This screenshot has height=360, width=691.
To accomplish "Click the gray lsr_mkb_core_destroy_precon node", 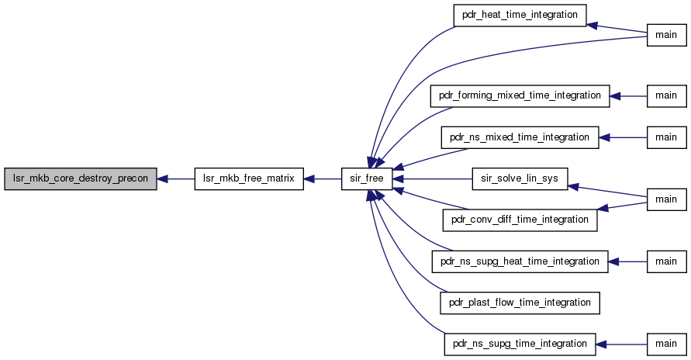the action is (x=80, y=179).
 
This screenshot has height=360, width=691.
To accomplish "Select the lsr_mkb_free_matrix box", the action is (x=249, y=179).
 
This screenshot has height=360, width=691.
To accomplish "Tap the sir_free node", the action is (x=367, y=179).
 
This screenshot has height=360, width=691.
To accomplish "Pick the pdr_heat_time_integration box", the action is (x=520, y=16).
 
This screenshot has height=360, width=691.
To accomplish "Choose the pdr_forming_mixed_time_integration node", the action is (x=520, y=96).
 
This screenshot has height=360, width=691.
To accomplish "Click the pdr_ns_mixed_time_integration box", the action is (x=520, y=137).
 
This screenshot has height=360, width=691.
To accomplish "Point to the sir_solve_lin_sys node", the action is (x=520, y=179).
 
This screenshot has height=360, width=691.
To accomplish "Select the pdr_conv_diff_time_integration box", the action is (x=520, y=220).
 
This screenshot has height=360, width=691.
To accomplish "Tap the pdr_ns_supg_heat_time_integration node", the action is (x=520, y=261).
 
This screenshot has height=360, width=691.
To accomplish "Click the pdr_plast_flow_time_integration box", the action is (x=520, y=303).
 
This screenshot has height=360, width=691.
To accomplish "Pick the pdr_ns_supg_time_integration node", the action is (x=520, y=344).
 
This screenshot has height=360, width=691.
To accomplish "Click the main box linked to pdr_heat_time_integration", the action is (x=667, y=35).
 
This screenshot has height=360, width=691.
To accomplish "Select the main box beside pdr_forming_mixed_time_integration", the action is (x=667, y=96).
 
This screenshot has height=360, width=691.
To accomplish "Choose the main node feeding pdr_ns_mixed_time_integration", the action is (x=667, y=137).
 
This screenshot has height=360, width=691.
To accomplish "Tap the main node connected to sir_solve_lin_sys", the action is (x=667, y=199).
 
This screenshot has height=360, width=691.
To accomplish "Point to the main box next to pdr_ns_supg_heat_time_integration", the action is (x=667, y=261).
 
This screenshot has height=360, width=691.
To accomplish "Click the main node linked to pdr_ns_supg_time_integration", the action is (x=667, y=344).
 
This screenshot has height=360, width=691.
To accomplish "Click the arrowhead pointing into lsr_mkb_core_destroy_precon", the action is (x=162, y=179).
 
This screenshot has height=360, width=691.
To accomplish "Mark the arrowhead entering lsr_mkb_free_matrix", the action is (x=309, y=179).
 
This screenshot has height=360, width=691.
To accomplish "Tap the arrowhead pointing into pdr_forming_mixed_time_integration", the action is (x=615, y=96).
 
